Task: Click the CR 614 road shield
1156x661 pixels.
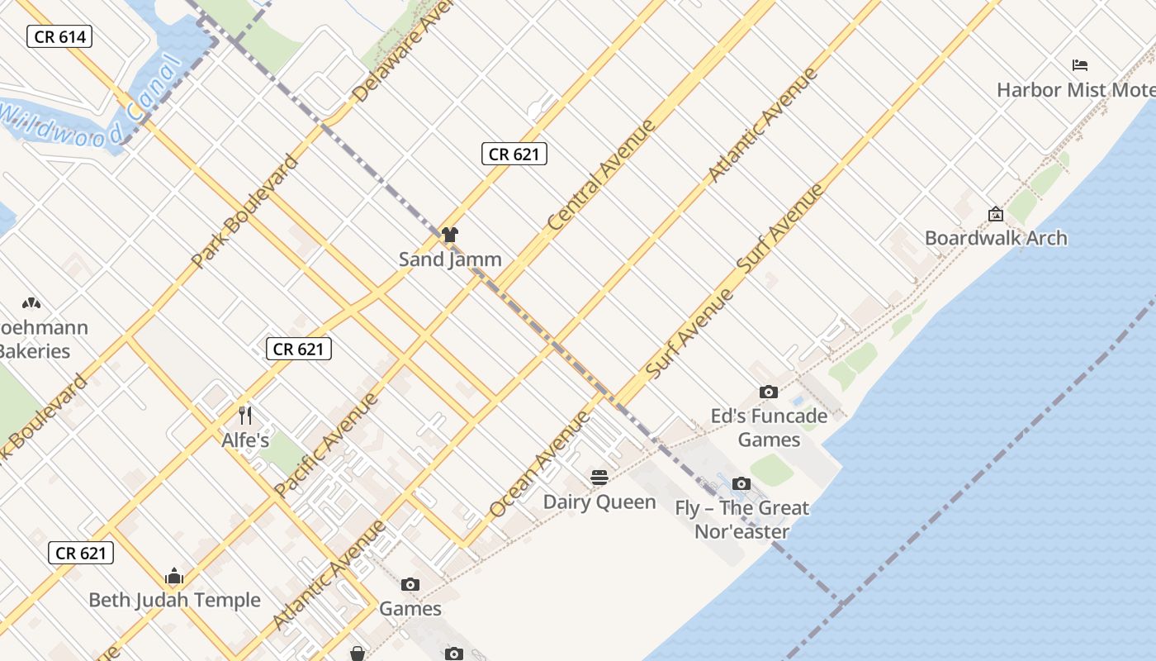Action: (x=59, y=36)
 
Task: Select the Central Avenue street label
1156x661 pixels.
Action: (x=602, y=174)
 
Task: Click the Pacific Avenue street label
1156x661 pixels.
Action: (x=326, y=445)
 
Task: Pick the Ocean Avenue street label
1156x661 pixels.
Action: (x=540, y=464)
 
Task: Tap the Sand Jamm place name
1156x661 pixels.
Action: (x=450, y=259)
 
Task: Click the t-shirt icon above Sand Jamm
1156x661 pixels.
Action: (x=449, y=235)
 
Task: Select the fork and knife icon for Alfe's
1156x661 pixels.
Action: (x=244, y=415)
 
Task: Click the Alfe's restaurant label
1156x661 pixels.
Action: (x=245, y=440)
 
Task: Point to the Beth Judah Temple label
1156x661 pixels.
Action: (x=174, y=600)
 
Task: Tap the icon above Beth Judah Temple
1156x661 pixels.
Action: (x=174, y=576)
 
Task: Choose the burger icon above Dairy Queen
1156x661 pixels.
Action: (x=599, y=478)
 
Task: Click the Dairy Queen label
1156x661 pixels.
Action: (x=599, y=502)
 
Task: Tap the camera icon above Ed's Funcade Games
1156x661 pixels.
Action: (x=769, y=392)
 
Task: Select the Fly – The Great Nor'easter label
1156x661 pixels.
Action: (x=741, y=520)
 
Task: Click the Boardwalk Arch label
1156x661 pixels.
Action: (x=996, y=239)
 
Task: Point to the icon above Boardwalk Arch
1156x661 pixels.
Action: (x=996, y=215)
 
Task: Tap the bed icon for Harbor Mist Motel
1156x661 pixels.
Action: (x=1080, y=65)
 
